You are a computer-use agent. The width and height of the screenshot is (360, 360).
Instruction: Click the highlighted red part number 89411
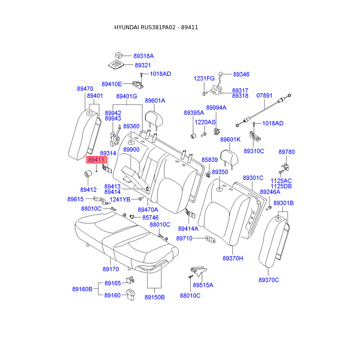[96, 160]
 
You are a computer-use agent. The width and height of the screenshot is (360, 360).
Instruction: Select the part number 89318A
[144, 56]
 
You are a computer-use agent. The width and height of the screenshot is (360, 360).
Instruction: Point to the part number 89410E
[112, 84]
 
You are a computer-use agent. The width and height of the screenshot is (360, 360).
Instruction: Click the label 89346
[241, 74]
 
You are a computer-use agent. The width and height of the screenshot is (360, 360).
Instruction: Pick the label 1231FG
[204, 78]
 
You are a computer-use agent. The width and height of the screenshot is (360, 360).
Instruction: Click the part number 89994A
[216, 108]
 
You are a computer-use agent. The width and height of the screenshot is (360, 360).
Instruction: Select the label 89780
[287, 152]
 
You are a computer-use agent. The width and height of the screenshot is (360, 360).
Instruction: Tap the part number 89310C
[254, 151]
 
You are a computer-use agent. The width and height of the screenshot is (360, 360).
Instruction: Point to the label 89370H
[233, 259]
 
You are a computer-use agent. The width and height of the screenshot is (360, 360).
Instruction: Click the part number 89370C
[269, 280]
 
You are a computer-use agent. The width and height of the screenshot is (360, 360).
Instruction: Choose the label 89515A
[203, 285]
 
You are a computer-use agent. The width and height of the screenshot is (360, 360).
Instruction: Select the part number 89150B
[155, 297]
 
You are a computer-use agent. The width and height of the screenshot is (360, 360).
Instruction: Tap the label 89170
[111, 270]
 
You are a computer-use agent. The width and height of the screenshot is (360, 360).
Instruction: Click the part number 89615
[76, 199]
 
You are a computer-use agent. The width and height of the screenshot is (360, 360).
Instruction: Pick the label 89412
[89, 190]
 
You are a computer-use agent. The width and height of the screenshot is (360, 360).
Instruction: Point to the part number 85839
[210, 160]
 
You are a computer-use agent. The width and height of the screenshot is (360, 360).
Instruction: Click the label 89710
[184, 238]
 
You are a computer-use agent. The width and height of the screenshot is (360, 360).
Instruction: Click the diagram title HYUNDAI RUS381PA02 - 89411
[156, 27]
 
